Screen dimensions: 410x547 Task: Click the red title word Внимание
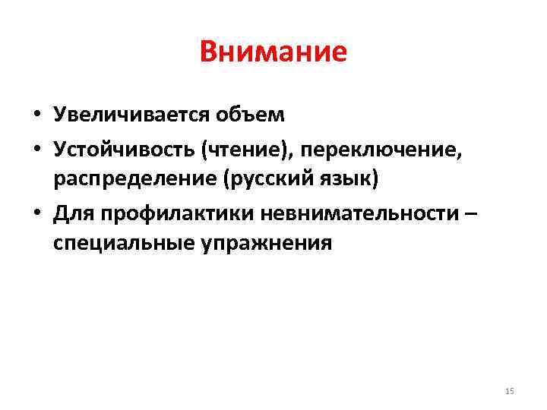(273, 52)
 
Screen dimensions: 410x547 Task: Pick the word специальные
(122, 244)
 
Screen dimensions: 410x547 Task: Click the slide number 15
(509, 391)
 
